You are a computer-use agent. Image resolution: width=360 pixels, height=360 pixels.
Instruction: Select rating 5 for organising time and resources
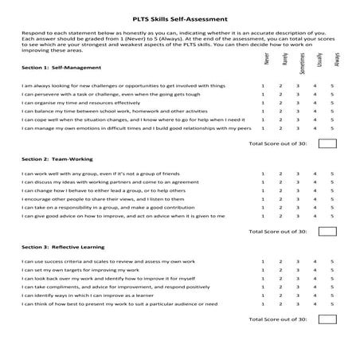tap(332, 103)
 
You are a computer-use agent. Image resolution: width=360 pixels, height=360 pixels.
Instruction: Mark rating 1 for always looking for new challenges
tap(263, 85)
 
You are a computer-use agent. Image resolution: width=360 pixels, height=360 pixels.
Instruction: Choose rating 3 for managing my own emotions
tap(298, 128)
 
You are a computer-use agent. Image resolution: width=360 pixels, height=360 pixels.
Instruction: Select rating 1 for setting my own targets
tap(263, 272)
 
